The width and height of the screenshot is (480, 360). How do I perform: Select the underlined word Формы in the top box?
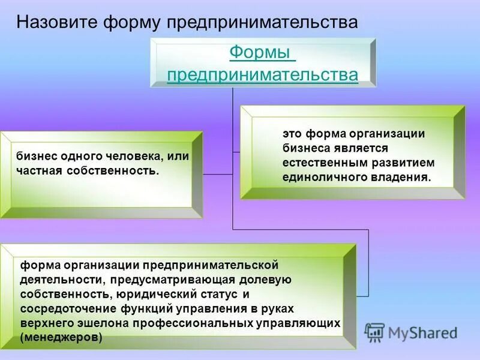(x=262, y=53)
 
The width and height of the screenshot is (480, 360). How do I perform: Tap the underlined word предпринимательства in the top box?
(x=262, y=75)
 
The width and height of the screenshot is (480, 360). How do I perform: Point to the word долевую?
(x=266, y=279)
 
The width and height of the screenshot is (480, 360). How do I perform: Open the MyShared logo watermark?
(x=412, y=332)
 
